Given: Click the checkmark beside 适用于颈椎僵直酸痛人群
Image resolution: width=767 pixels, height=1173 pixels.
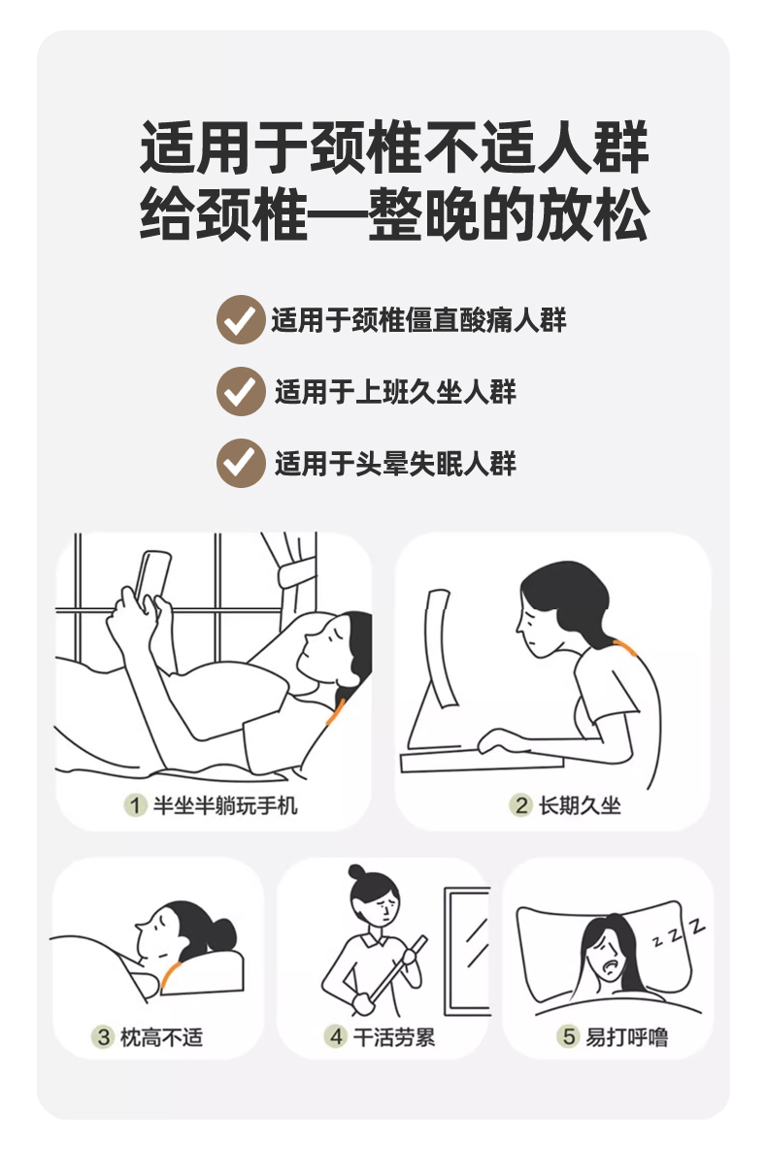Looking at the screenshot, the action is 241,319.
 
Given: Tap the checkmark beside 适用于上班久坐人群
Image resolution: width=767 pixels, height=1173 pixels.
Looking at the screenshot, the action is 241,391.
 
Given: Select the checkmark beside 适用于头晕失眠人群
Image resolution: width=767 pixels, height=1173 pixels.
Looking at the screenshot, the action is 241,463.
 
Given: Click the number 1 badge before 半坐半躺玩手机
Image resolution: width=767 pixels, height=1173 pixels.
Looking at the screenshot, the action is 135,805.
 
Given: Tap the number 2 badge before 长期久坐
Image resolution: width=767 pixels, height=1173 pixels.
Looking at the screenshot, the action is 520,805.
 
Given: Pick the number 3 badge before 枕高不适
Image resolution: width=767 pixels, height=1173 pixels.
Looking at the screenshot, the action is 103,1036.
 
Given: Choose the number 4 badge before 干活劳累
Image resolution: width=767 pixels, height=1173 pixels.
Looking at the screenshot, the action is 335,1036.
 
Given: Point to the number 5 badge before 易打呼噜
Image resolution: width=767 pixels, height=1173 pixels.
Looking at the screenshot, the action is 568,1036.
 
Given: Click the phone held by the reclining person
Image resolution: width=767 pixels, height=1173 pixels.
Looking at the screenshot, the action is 152,575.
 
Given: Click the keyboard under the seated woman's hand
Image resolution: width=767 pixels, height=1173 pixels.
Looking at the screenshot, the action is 481,762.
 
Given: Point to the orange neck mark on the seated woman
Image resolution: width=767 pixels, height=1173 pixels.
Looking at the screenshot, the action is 625,648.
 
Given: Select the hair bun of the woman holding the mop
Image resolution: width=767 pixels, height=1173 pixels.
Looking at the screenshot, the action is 357,872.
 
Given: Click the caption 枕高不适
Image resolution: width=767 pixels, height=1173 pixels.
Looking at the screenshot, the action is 161,1037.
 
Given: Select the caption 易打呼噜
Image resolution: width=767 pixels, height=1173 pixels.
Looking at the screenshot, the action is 626,1037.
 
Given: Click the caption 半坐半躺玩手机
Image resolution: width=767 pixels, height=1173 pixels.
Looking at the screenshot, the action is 225,805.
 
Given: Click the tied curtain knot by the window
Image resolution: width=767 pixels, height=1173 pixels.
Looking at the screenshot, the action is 296,574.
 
